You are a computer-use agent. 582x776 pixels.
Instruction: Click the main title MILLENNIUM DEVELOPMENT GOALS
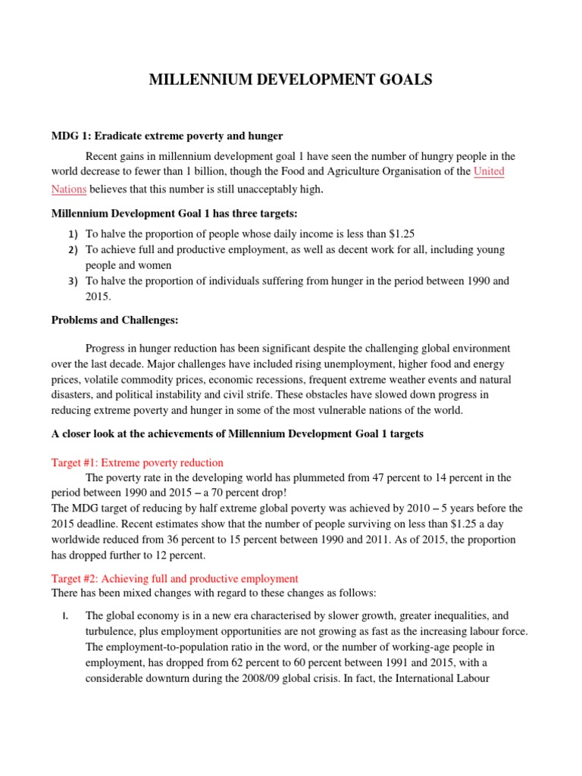pyautogui.click(x=291, y=80)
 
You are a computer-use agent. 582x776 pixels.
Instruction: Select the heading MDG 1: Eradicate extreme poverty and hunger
pyautogui.click(x=167, y=136)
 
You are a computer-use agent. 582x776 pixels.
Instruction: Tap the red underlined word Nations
pyautogui.click(x=68, y=189)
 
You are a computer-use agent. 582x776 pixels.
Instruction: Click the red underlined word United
pyautogui.click(x=489, y=171)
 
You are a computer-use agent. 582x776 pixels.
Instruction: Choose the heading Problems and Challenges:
pyautogui.click(x=114, y=320)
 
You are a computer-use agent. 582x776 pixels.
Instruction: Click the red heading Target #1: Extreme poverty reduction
pyautogui.click(x=137, y=462)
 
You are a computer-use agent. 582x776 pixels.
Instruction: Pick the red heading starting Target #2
pyautogui.click(x=174, y=578)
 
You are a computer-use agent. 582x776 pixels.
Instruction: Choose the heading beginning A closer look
pyautogui.click(x=237, y=434)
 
